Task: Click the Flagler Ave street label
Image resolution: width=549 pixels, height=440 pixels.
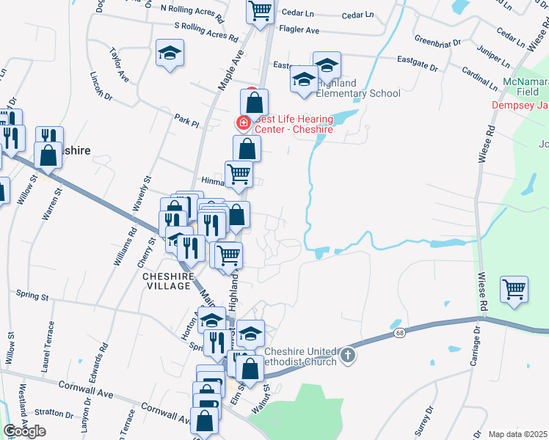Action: coord(302,31)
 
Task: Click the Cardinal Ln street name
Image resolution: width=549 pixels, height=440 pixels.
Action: coord(479,79)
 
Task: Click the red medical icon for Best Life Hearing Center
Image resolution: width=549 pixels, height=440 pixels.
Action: coord(242,122)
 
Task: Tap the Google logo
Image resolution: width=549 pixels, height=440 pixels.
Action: coord(24,431)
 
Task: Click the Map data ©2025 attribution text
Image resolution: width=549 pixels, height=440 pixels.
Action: coord(517,434)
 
